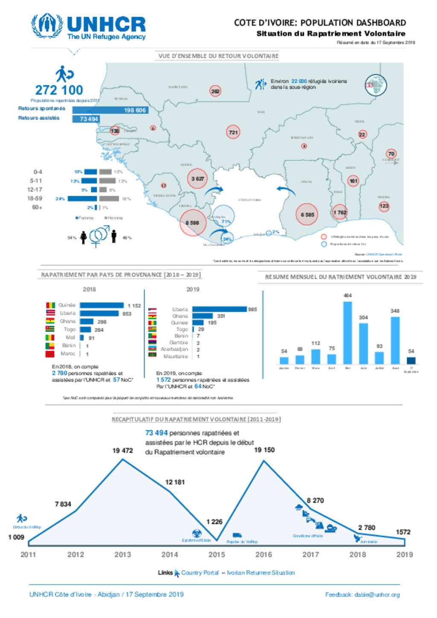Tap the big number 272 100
point(59,90)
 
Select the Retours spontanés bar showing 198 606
point(110,110)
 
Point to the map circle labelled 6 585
point(307,215)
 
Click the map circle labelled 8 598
point(192,223)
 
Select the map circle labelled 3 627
point(197,179)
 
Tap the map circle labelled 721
point(233,132)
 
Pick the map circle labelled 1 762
point(340,212)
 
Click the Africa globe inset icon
point(376,85)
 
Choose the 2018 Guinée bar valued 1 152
point(102,305)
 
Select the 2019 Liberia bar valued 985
point(219,309)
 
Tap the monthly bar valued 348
point(395,340)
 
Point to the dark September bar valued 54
point(411,360)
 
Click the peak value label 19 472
point(122,450)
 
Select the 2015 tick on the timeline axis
point(216,554)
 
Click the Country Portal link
point(200,573)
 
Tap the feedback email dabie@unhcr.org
point(377,595)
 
